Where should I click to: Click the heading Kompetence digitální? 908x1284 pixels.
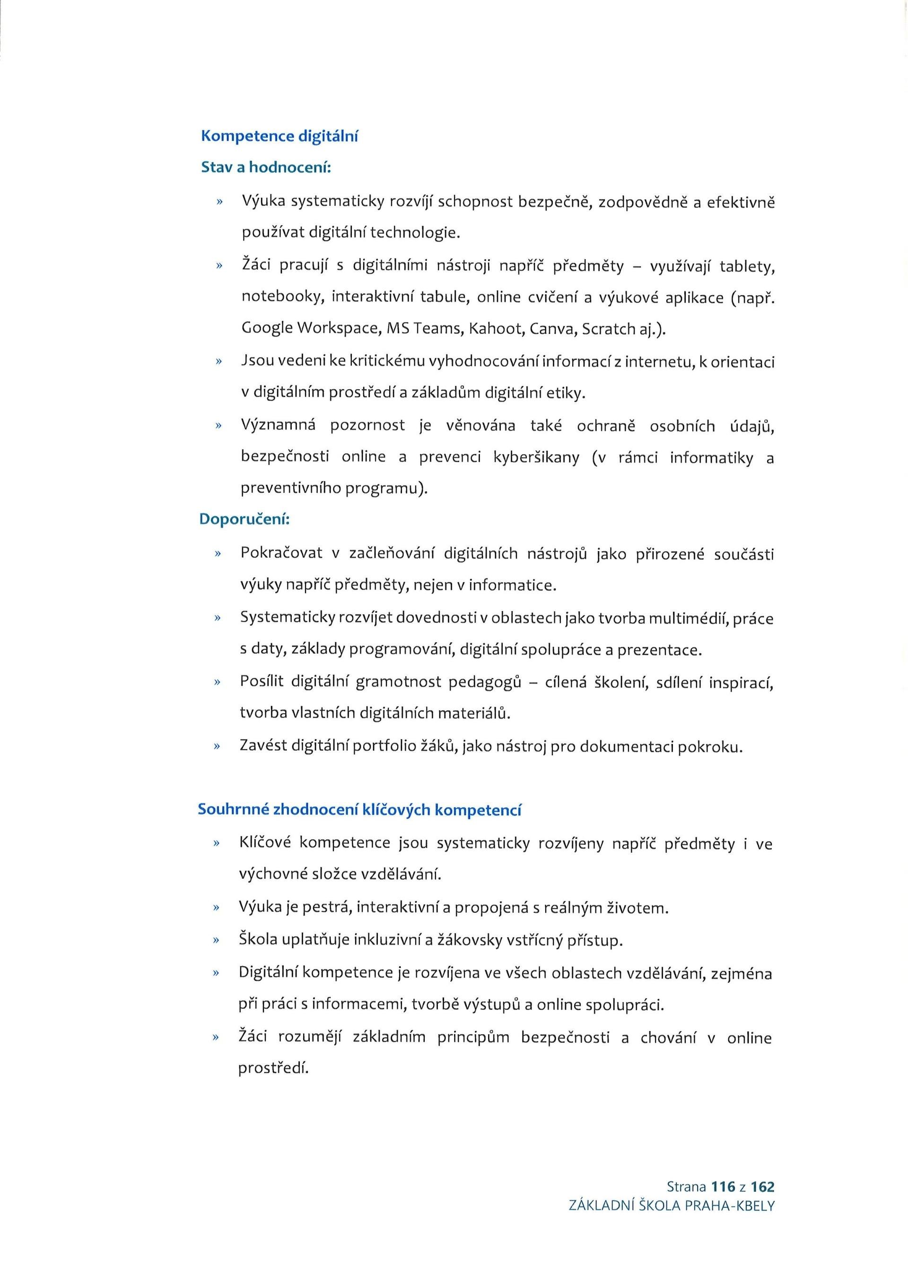tap(279, 137)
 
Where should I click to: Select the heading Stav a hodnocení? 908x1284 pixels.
tap(266, 167)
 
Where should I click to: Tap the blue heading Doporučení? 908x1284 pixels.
tap(244, 520)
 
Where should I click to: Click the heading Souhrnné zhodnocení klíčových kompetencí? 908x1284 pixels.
tap(359, 810)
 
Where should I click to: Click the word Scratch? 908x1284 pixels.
tap(608, 328)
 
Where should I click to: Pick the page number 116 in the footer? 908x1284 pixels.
tap(724, 1202)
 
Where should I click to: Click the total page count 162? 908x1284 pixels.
tap(763, 1202)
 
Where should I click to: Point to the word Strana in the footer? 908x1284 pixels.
tap(686, 1202)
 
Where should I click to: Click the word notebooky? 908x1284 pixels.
tap(283, 297)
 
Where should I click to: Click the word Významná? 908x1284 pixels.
tap(278, 426)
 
